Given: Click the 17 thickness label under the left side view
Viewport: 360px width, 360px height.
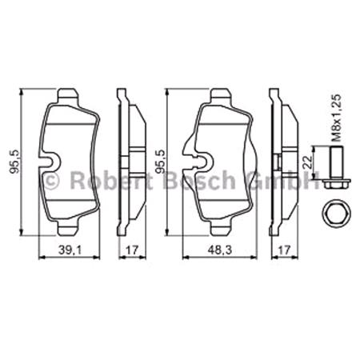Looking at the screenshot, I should click(131, 250).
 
